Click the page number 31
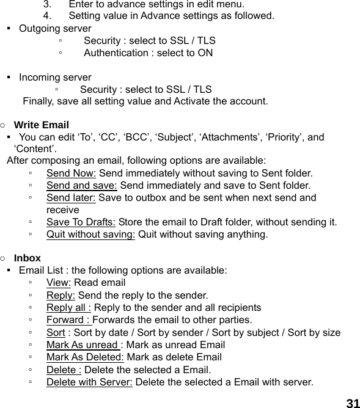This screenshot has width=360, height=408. point(352,403)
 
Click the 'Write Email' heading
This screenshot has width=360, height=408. point(41,125)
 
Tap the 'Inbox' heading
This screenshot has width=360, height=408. point(28,258)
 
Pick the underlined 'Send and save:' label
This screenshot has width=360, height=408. point(83,186)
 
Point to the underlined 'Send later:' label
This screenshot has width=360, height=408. point(71,198)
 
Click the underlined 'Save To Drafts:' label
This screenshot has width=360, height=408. point(81,222)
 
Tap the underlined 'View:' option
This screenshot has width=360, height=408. point(59,283)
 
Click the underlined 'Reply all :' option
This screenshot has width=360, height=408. point(69,308)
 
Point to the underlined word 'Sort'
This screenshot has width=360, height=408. point(56,333)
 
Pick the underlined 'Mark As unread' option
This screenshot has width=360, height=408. point(84,345)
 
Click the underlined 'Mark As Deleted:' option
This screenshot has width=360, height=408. point(85,357)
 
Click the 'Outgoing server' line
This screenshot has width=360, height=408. point(55,29)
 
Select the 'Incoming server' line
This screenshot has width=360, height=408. point(55,78)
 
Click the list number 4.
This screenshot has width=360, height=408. point(64,16)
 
